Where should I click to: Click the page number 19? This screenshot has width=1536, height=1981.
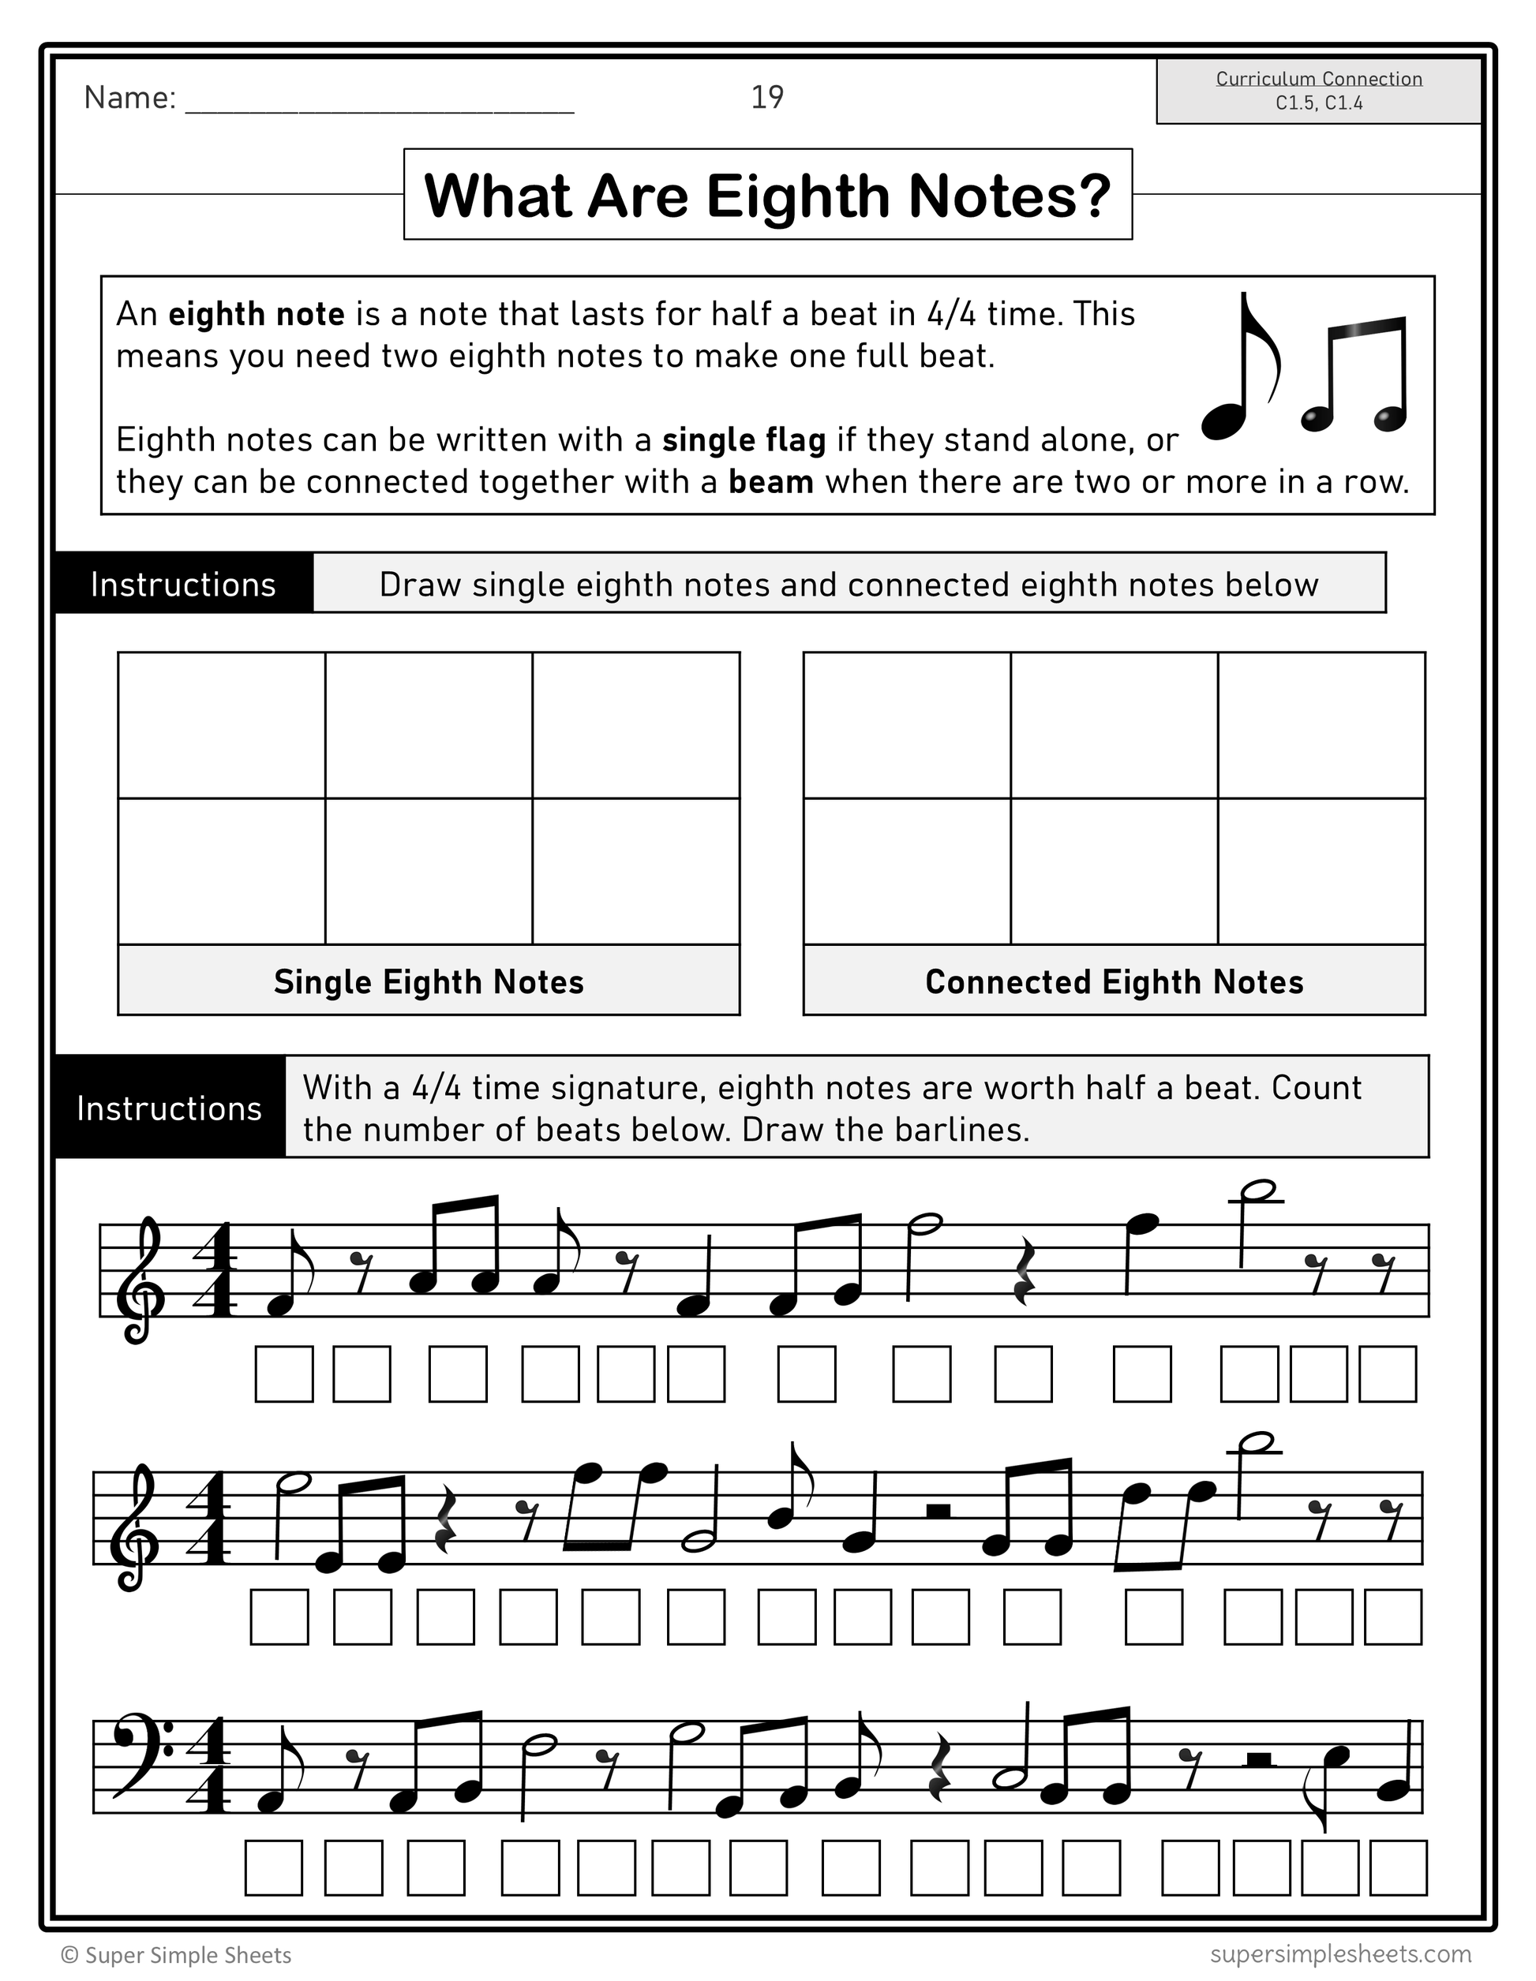(x=766, y=97)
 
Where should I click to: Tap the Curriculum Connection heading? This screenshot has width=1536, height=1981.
(x=1318, y=79)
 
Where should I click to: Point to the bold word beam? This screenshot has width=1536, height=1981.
(x=770, y=482)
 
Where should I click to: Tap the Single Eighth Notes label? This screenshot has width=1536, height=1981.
(x=429, y=981)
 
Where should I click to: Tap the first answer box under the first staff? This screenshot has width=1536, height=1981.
(x=284, y=1374)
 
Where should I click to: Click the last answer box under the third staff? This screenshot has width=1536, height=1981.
(x=1398, y=1867)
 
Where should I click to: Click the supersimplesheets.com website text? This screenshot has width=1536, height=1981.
(x=1340, y=1952)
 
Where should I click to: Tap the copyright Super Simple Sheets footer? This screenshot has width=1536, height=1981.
(x=176, y=1955)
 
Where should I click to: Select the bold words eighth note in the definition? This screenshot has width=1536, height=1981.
(x=257, y=315)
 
